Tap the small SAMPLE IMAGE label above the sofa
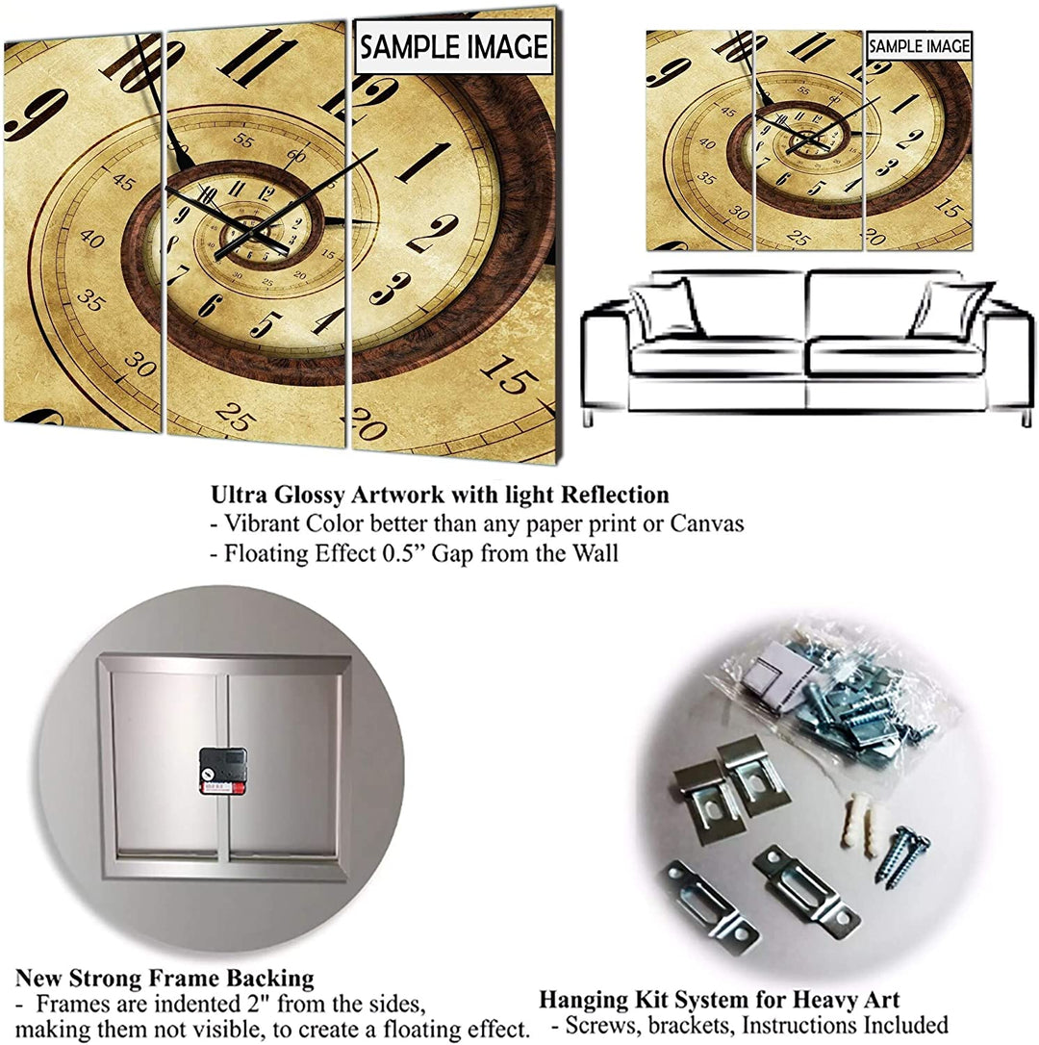click(919, 46)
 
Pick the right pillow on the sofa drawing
click(949, 310)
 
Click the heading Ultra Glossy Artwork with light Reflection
click(440, 496)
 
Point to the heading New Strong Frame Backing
click(165, 979)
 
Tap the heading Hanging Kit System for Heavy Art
click(719, 999)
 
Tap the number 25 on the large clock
click(235, 416)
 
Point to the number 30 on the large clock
click(140, 365)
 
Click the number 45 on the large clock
click(123, 181)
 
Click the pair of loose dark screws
click(901, 854)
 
